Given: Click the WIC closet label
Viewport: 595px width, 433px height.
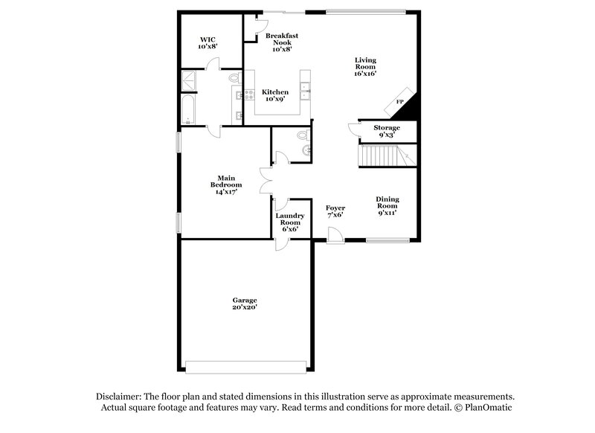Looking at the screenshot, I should [x=207, y=43].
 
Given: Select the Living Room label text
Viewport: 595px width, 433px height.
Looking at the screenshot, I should [x=364, y=66].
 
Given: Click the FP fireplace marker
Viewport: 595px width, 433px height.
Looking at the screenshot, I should [x=399, y=102].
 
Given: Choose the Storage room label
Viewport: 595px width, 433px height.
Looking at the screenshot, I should [x=387, y=131].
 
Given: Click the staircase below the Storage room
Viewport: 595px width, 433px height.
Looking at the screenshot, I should [x=380, y=155].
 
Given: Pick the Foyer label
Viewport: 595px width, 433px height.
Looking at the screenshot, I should [x=335, y=211].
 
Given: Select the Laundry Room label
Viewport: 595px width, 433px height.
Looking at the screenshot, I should [x=290, y=222].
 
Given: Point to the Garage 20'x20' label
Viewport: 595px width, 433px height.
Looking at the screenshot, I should [x=245, y=304].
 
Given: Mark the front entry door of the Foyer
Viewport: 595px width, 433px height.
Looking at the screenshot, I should [x=335, y=236].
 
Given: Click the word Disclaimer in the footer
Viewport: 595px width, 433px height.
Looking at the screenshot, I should [x=119, y=397].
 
